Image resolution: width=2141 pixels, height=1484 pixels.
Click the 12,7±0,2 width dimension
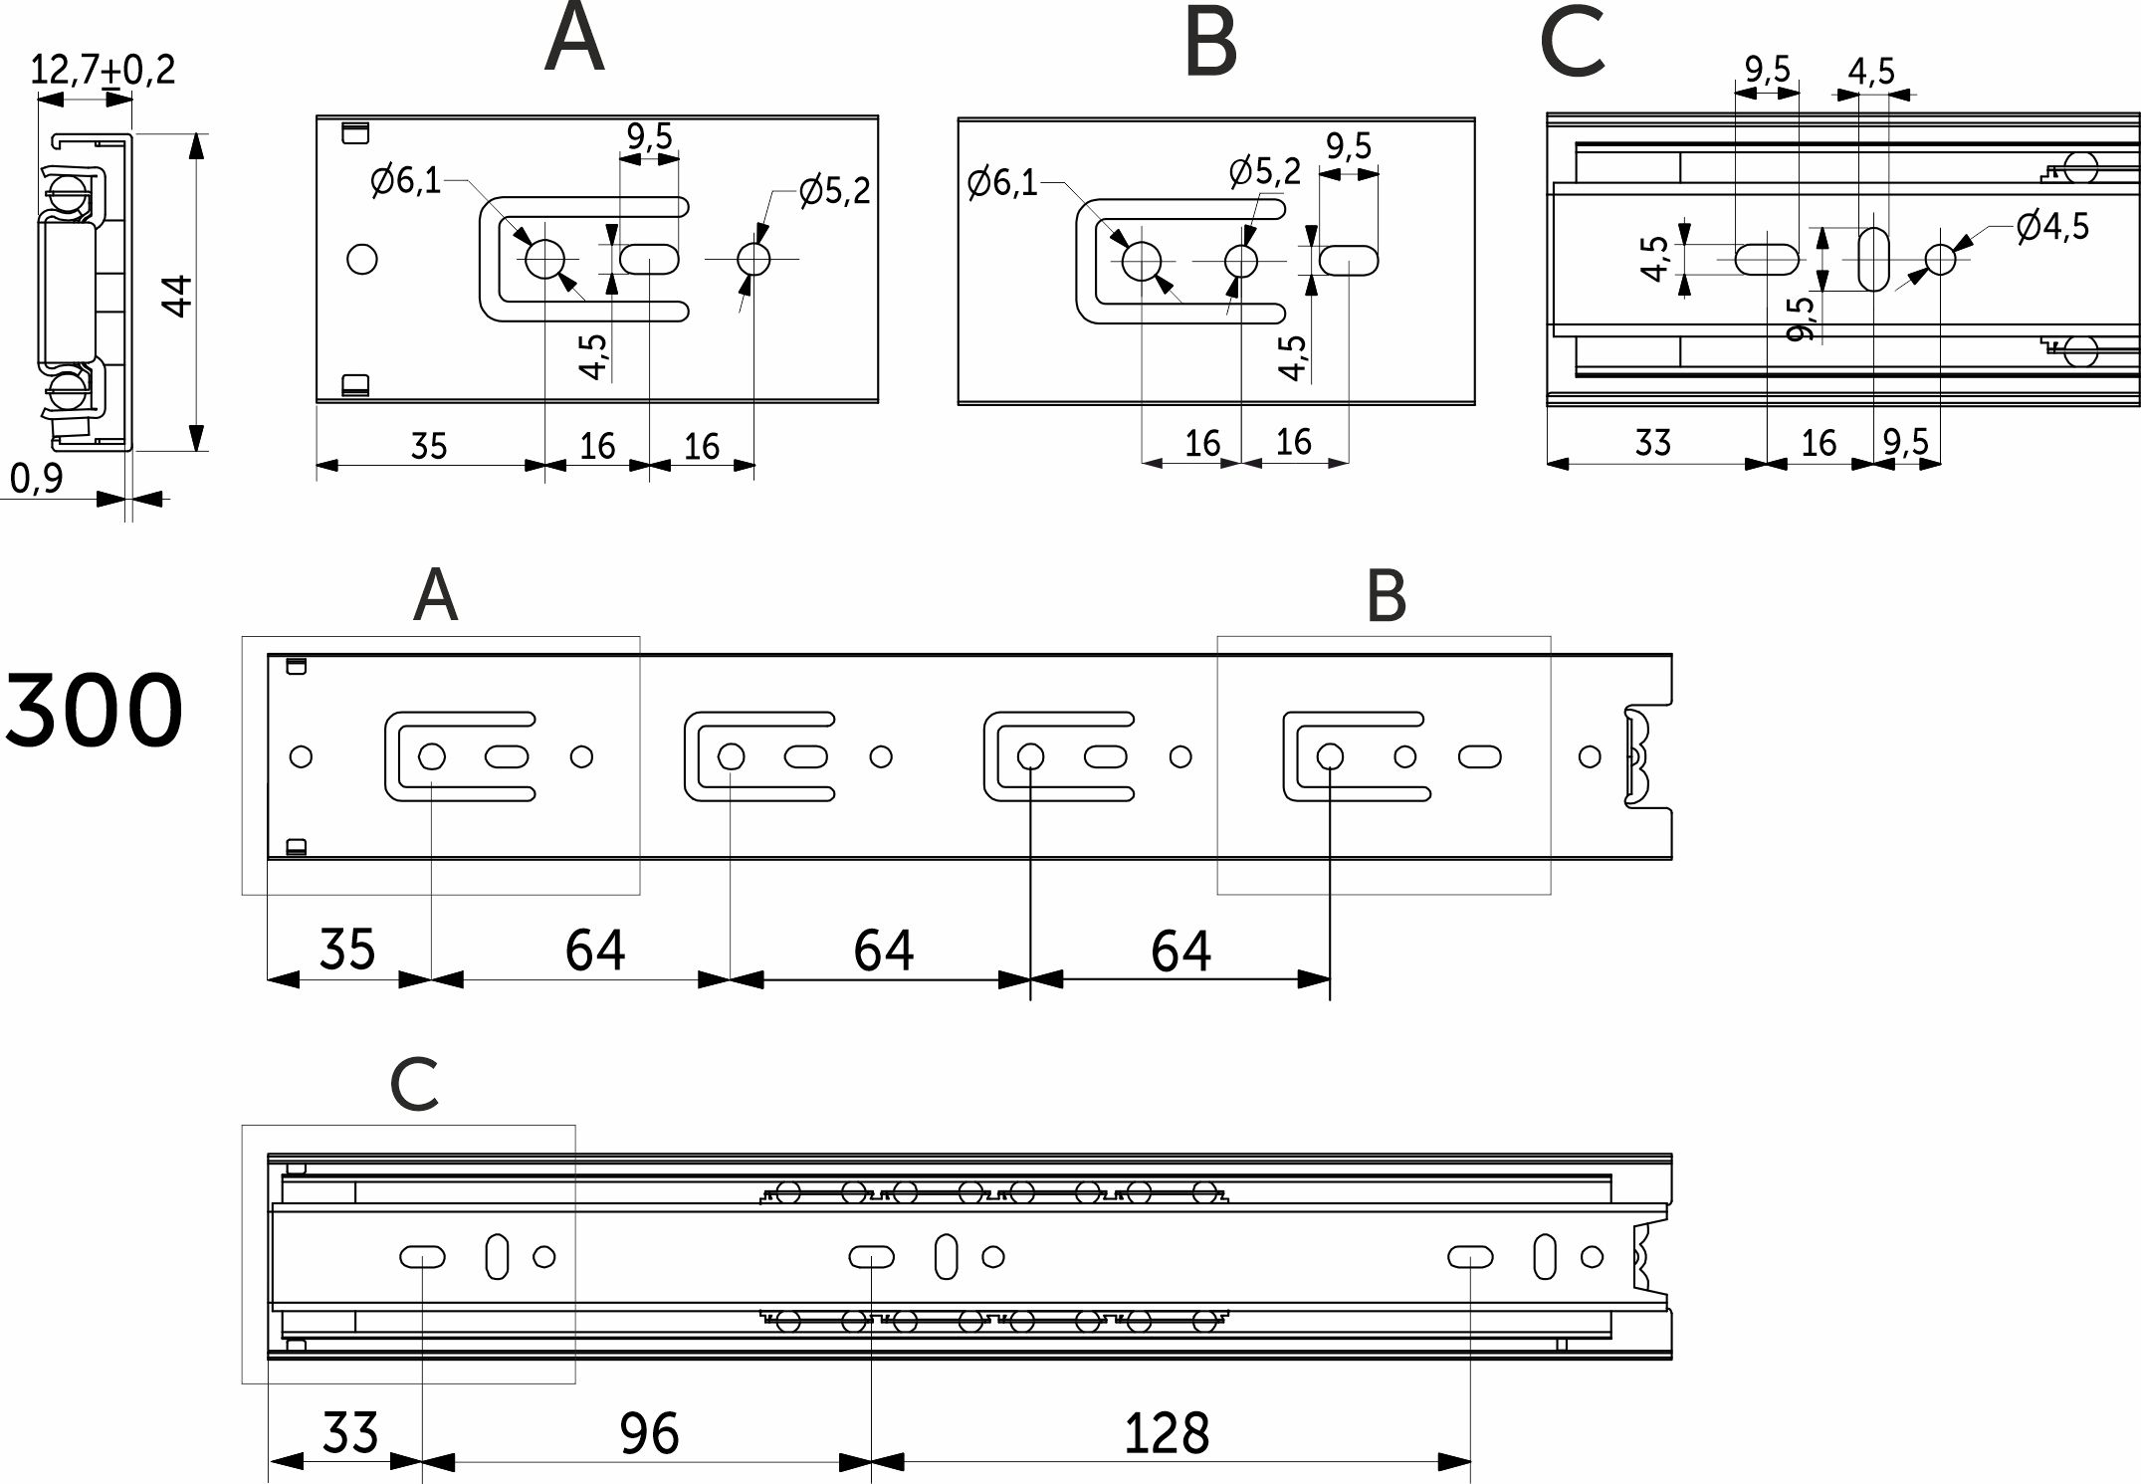102,70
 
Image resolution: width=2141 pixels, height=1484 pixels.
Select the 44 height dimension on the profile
179,296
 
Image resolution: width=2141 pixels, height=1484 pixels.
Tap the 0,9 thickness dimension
37,479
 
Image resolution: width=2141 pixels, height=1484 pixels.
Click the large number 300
95,711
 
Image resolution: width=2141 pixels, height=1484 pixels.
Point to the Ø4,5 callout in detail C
2052,227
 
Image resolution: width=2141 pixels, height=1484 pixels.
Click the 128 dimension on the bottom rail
1166,1434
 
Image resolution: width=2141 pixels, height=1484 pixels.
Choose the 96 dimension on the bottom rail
649,1434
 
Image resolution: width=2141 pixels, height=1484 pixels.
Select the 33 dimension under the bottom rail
349,1434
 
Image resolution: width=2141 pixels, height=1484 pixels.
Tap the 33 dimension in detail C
1652,442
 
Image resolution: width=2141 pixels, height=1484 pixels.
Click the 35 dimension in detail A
429,446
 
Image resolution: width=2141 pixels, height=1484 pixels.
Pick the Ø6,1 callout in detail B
1001,183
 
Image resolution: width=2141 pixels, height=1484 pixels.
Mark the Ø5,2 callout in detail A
834,190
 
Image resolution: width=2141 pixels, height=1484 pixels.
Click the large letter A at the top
574,40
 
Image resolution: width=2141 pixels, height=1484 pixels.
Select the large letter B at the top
1210,44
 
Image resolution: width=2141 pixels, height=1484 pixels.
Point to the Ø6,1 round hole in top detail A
544,260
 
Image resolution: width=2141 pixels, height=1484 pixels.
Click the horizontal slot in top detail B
1349,261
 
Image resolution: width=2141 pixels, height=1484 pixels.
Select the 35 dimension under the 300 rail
346,950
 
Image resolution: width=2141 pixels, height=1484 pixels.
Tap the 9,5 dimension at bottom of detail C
1905,442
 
